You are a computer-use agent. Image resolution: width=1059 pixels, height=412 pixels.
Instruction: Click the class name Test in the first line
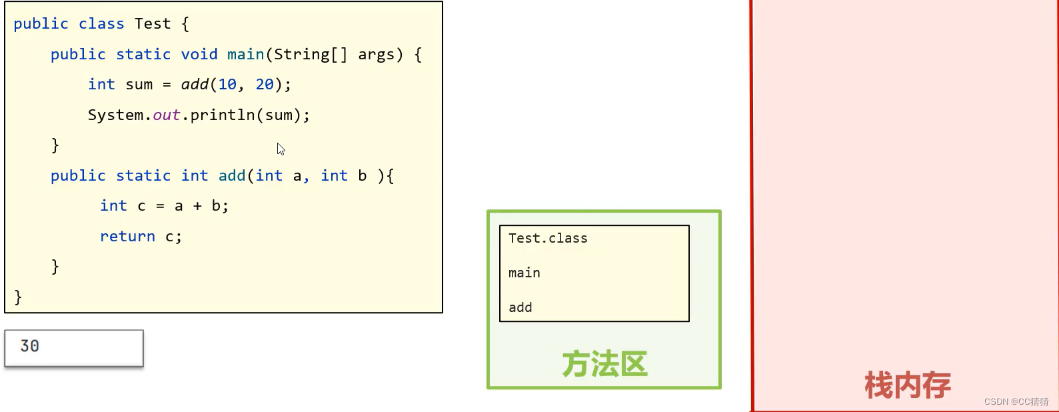click(153, 24)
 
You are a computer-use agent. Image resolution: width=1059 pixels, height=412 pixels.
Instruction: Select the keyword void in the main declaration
click(199, 55)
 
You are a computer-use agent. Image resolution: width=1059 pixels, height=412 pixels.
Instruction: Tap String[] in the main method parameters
click(310, 55)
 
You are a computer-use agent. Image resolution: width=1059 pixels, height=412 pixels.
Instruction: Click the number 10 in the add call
click(227, 85)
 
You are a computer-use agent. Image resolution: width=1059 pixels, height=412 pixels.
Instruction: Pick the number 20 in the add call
click(265, 85)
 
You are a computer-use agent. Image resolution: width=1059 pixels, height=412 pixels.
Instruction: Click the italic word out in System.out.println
click(167, 115)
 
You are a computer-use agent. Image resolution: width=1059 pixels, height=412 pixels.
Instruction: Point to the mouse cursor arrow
click(281, 149)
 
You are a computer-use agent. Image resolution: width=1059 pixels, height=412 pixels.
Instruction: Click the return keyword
click(127, 237)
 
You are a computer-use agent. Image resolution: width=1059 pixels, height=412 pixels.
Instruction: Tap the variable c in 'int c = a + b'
click(141, 207)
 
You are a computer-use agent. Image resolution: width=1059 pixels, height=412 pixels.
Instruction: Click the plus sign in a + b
click(197, 207)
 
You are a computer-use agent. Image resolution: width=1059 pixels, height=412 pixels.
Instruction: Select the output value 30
click(30, 346)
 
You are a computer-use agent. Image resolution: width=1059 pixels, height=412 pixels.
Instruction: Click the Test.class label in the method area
click(548, 239)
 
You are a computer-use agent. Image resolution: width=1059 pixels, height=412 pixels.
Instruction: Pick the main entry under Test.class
click(525, 273)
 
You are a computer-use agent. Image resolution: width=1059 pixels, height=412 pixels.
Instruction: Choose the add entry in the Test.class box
click(521, 308)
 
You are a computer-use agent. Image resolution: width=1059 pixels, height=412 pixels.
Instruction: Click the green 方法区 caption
click(604, 365)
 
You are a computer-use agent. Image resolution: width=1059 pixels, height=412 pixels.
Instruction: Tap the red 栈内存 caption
click(907, 385)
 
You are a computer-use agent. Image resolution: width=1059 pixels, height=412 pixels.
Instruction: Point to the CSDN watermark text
click(1016, 401)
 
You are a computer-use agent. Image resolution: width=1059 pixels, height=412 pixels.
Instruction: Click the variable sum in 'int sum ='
click(139, 85)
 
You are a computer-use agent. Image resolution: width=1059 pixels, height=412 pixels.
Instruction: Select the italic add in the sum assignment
click(195, 85)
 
